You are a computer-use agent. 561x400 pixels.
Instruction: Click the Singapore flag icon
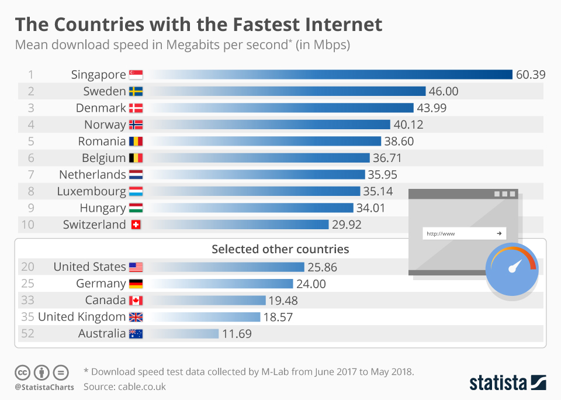point(136,74)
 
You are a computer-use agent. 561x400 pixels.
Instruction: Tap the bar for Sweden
point(286,91)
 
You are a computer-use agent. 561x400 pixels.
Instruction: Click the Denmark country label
point(101,108)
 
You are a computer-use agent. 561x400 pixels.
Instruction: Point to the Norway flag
point(136,125)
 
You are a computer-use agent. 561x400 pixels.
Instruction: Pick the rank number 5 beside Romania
point(32,141)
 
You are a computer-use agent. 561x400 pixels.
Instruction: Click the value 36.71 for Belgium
point(388,158)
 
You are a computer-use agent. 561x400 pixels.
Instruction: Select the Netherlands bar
point(257,174)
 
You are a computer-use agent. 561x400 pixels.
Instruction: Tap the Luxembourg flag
point(136,191)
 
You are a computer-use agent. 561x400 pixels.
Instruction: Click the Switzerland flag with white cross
point(136,225)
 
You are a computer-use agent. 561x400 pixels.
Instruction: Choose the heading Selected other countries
point(280,249)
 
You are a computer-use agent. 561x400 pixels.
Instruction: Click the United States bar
point(228,267)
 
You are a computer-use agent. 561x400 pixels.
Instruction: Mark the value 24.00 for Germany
point(310,284)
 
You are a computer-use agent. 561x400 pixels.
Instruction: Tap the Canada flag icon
point(136,300)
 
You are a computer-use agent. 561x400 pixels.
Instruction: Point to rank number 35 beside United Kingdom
point(27,317)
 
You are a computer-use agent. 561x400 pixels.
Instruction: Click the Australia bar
point(184,333)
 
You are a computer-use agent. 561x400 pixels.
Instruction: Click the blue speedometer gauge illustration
point(512,270)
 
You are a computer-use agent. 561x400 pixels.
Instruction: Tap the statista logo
point(507,383)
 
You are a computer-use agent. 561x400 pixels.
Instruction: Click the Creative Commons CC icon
point(23,372)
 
